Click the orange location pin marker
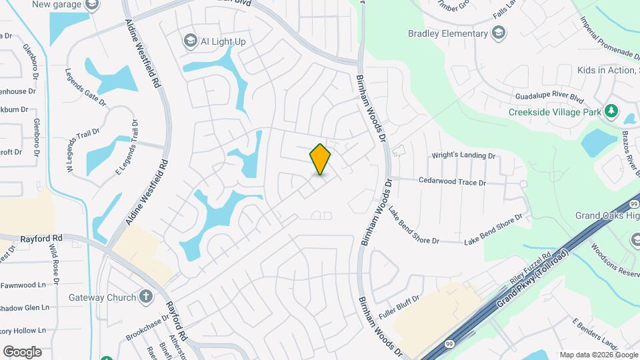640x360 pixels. [x=320, y=159]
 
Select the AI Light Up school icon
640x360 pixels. [x=191, y=41]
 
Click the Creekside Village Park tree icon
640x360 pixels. [x=611, y=111]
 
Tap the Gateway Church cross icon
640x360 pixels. [x=147, y=297]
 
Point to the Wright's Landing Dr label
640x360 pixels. [x=465, y=156]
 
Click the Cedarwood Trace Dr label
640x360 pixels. [x=452, y=181]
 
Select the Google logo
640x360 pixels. [x=22, y=352]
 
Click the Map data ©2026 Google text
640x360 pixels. [x=598, y=355]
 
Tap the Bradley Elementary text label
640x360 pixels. [x=448, y=33]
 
